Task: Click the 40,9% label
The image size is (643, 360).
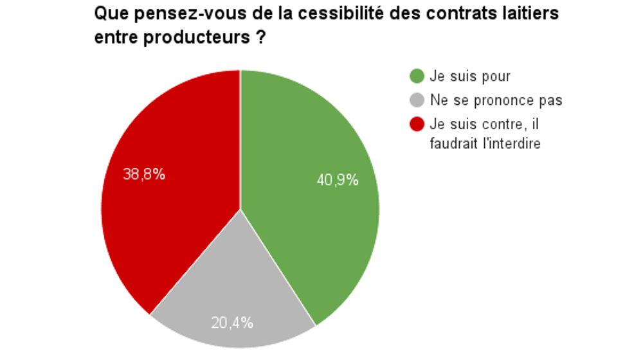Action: click(338, 181)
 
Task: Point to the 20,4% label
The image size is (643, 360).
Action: click(232, 323)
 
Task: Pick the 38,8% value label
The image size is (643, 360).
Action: click(144, 174)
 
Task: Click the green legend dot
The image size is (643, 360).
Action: click(417, 76)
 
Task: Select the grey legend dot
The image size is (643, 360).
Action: click(417, 100)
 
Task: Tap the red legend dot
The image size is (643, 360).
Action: click(417, 124)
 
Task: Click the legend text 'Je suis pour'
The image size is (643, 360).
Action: click(470, 76)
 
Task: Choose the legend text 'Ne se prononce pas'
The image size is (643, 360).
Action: click(496, 100)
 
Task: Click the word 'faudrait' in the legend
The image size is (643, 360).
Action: click(451, 143)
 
